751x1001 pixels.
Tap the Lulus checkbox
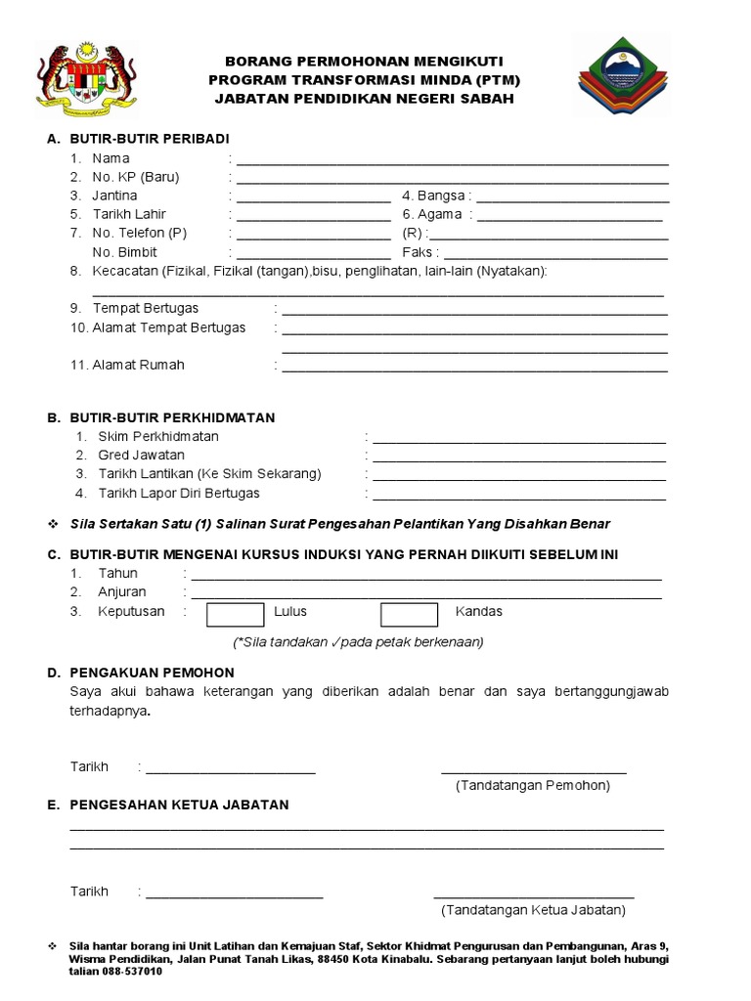pos(236,614)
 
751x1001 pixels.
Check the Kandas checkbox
pos(409,614)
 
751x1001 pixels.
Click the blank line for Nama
pos(452,163)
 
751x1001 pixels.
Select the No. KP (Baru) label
pos(136,177)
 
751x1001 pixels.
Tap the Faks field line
pos(556,257)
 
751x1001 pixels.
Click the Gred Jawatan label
pos(141,456)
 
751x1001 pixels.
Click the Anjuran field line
pos(426,596)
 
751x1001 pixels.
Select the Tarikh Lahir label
pos(129,214)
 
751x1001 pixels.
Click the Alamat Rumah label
pos(138,365)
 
